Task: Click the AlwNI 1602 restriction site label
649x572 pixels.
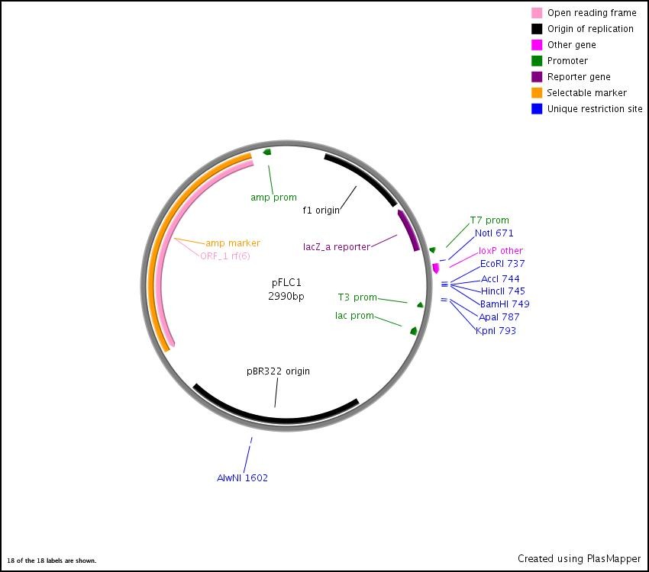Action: (x=242, y=478)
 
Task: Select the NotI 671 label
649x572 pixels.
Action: (x=494, y=233)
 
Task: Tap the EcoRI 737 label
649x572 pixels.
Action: (x=502, y=264)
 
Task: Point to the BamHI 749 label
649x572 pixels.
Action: (x=505, y=304)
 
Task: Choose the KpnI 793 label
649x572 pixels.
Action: (x=496, y=331)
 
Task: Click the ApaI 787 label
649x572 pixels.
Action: (x=499, y=317)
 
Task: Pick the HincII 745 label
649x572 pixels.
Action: (x=503, y=291)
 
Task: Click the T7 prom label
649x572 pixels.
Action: (x=489, y=220)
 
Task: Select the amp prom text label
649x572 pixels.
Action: (x=273, y=198)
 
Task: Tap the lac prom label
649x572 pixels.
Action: (x=354, y=316)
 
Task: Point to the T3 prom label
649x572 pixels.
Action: (x=357, y=297)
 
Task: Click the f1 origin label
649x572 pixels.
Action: (x=321, y=210)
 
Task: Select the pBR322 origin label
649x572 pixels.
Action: (x=278, y=371)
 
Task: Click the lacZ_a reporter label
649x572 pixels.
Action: (x=336, y=247)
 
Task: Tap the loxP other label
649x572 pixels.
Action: (x=501, y=251)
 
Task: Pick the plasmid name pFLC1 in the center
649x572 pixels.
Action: (x=286, y=282)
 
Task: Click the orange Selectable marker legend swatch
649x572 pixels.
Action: (x=538, y=93)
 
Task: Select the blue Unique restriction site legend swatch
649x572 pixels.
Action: (x=538, y=109)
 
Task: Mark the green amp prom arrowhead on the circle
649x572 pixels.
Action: (x=267, y=153)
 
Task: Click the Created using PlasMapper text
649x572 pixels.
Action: (x=579, y=559)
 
